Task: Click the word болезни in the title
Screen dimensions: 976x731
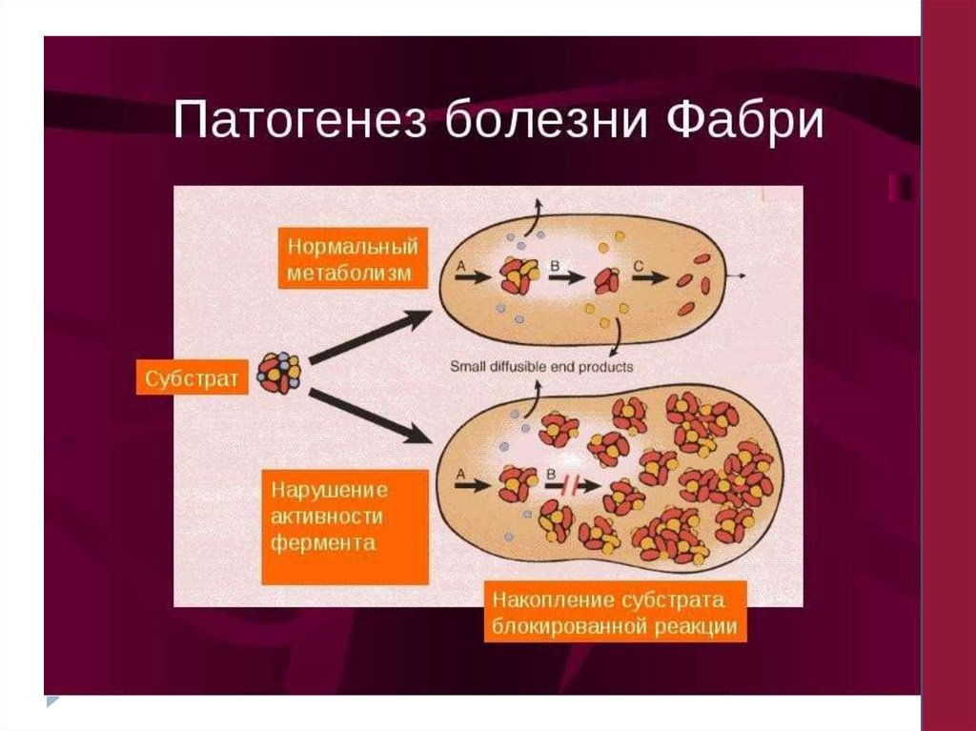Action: (541, 123)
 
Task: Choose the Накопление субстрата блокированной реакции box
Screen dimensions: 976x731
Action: (615, 612)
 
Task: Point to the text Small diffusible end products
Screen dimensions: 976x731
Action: (541, 366)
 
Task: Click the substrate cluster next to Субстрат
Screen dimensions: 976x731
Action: (279, 373)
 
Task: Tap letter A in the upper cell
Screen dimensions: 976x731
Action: (462, 268)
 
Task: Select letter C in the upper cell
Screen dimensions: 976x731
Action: (642, 266)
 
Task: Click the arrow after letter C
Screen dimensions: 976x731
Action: (651, 281)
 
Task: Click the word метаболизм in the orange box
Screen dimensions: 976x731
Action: (350, 274)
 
